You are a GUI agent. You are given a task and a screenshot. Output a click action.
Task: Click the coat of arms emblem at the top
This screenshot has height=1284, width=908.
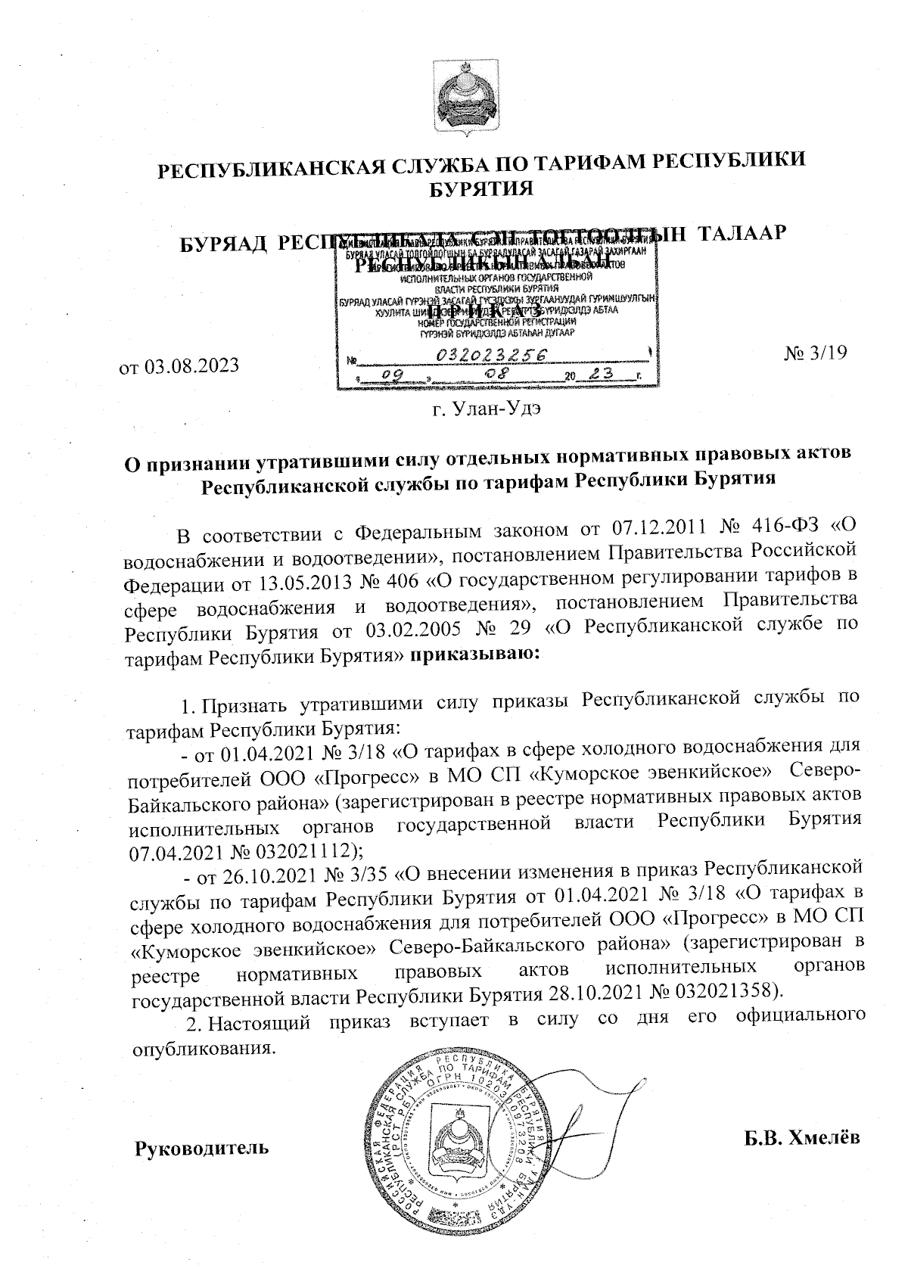pos(462,99)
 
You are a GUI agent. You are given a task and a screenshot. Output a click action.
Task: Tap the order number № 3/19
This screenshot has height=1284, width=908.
pos(816,352)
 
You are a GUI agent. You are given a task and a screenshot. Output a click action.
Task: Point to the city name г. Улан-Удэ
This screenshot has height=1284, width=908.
pos(487,410)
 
